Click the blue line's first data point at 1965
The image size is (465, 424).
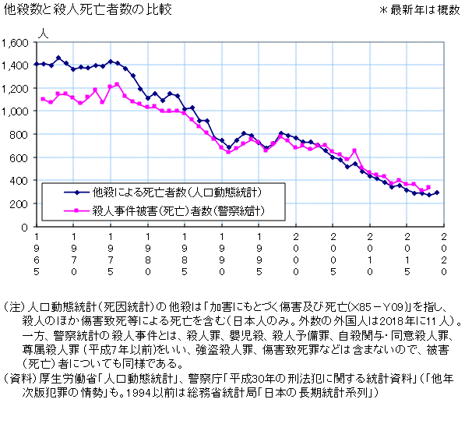[x=37, y=64]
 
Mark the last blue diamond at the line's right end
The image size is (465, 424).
[x=436, y=193]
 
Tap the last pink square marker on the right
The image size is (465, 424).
[x=428, y=187]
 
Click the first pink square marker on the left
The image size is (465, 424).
[x=44, y=99]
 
